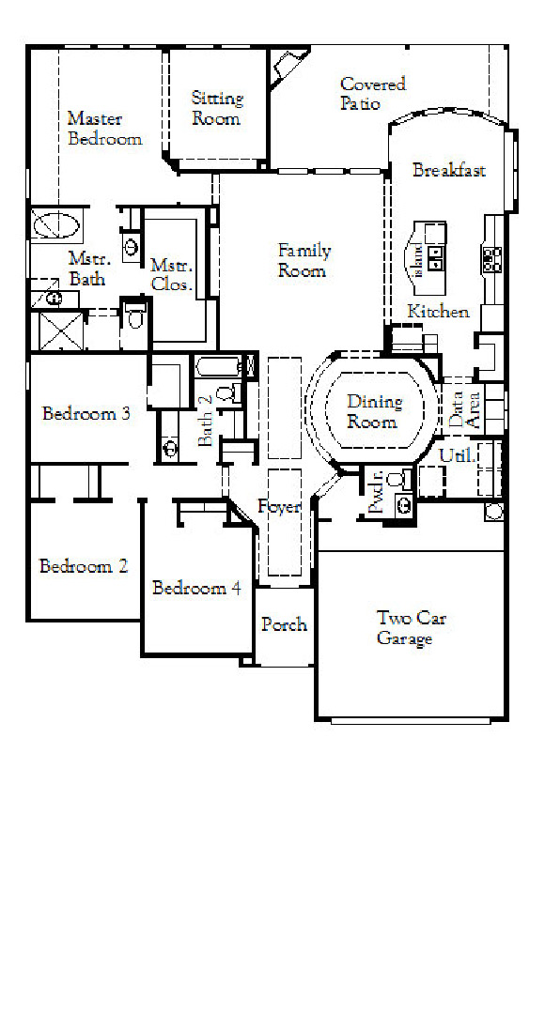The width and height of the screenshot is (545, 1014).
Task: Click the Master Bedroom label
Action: [104, 129]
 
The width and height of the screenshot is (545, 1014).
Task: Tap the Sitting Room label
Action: [217, 108]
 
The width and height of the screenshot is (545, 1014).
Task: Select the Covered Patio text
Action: [372, 93]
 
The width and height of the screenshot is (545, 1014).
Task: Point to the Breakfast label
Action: [449, 170]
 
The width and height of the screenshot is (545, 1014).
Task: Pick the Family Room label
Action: [304, 260]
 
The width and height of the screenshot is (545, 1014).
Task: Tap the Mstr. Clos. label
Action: [171, 275]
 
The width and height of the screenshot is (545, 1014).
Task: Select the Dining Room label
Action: [374, 411]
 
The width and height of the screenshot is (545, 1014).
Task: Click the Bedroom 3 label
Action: [86, 413]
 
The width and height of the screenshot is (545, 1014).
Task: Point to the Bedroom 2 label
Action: [83, 565]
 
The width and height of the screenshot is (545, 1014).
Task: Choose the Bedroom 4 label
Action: [196, 588]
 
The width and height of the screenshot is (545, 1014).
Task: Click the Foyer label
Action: [279, 507]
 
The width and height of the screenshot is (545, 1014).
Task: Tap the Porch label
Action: [284, 624]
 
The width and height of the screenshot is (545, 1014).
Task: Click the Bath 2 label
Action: [206, 421]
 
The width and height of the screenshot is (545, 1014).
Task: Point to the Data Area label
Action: [463, 409]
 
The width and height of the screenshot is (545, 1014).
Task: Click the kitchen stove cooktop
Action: [491, 259]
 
